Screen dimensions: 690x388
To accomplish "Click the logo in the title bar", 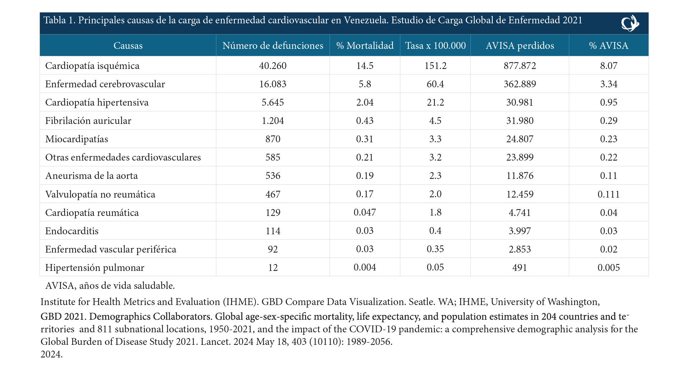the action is pyautogui.click(x=630, y=23).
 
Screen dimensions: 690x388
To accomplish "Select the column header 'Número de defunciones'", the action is pyautogui.click(x=273, y=46).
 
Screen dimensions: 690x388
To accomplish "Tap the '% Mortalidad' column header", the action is pyautogui.click(x=365, y=46).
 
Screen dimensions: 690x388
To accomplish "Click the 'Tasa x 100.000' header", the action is pyautogui.click(x=435, y=46).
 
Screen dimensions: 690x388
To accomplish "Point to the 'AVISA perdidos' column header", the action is pyautogui.click(x=520, y=46).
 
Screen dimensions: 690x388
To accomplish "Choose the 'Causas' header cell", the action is pyautogui.click(x=128, y=46).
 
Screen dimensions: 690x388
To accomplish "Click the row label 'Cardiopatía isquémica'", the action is pyautogui.click(x=92, y=66).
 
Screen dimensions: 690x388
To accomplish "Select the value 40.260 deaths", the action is pyautogui.click(x=273, y=66).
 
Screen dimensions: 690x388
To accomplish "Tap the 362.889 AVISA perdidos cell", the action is pyautogui.click(x=520, y=84).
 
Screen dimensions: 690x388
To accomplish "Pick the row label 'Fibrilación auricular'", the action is pyautogui.click(x=88, y=121).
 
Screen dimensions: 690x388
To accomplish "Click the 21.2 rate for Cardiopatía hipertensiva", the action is pyautogui.click(x=435, y=102).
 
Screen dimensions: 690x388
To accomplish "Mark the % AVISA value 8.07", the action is pyautogui.click(x=609, y=66).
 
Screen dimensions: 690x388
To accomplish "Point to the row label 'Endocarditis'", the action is pyautogui.click(x=72, y=231).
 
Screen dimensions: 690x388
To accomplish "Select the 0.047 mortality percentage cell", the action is pyautogui.click(x=365, y=212).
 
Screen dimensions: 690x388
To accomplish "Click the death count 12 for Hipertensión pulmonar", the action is pyautogui.click(x=273, y=267).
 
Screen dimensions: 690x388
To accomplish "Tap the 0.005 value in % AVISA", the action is pyautogui.click(x=609, y=267).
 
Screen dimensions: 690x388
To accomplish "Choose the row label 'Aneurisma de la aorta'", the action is pyautogui.click(x=92, y=176).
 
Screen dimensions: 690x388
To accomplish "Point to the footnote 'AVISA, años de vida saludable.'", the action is pyautogui.click(x=110, y=286).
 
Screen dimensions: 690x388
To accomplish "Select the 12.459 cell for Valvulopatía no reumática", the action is pyautogui.click(x=520, y=194).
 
